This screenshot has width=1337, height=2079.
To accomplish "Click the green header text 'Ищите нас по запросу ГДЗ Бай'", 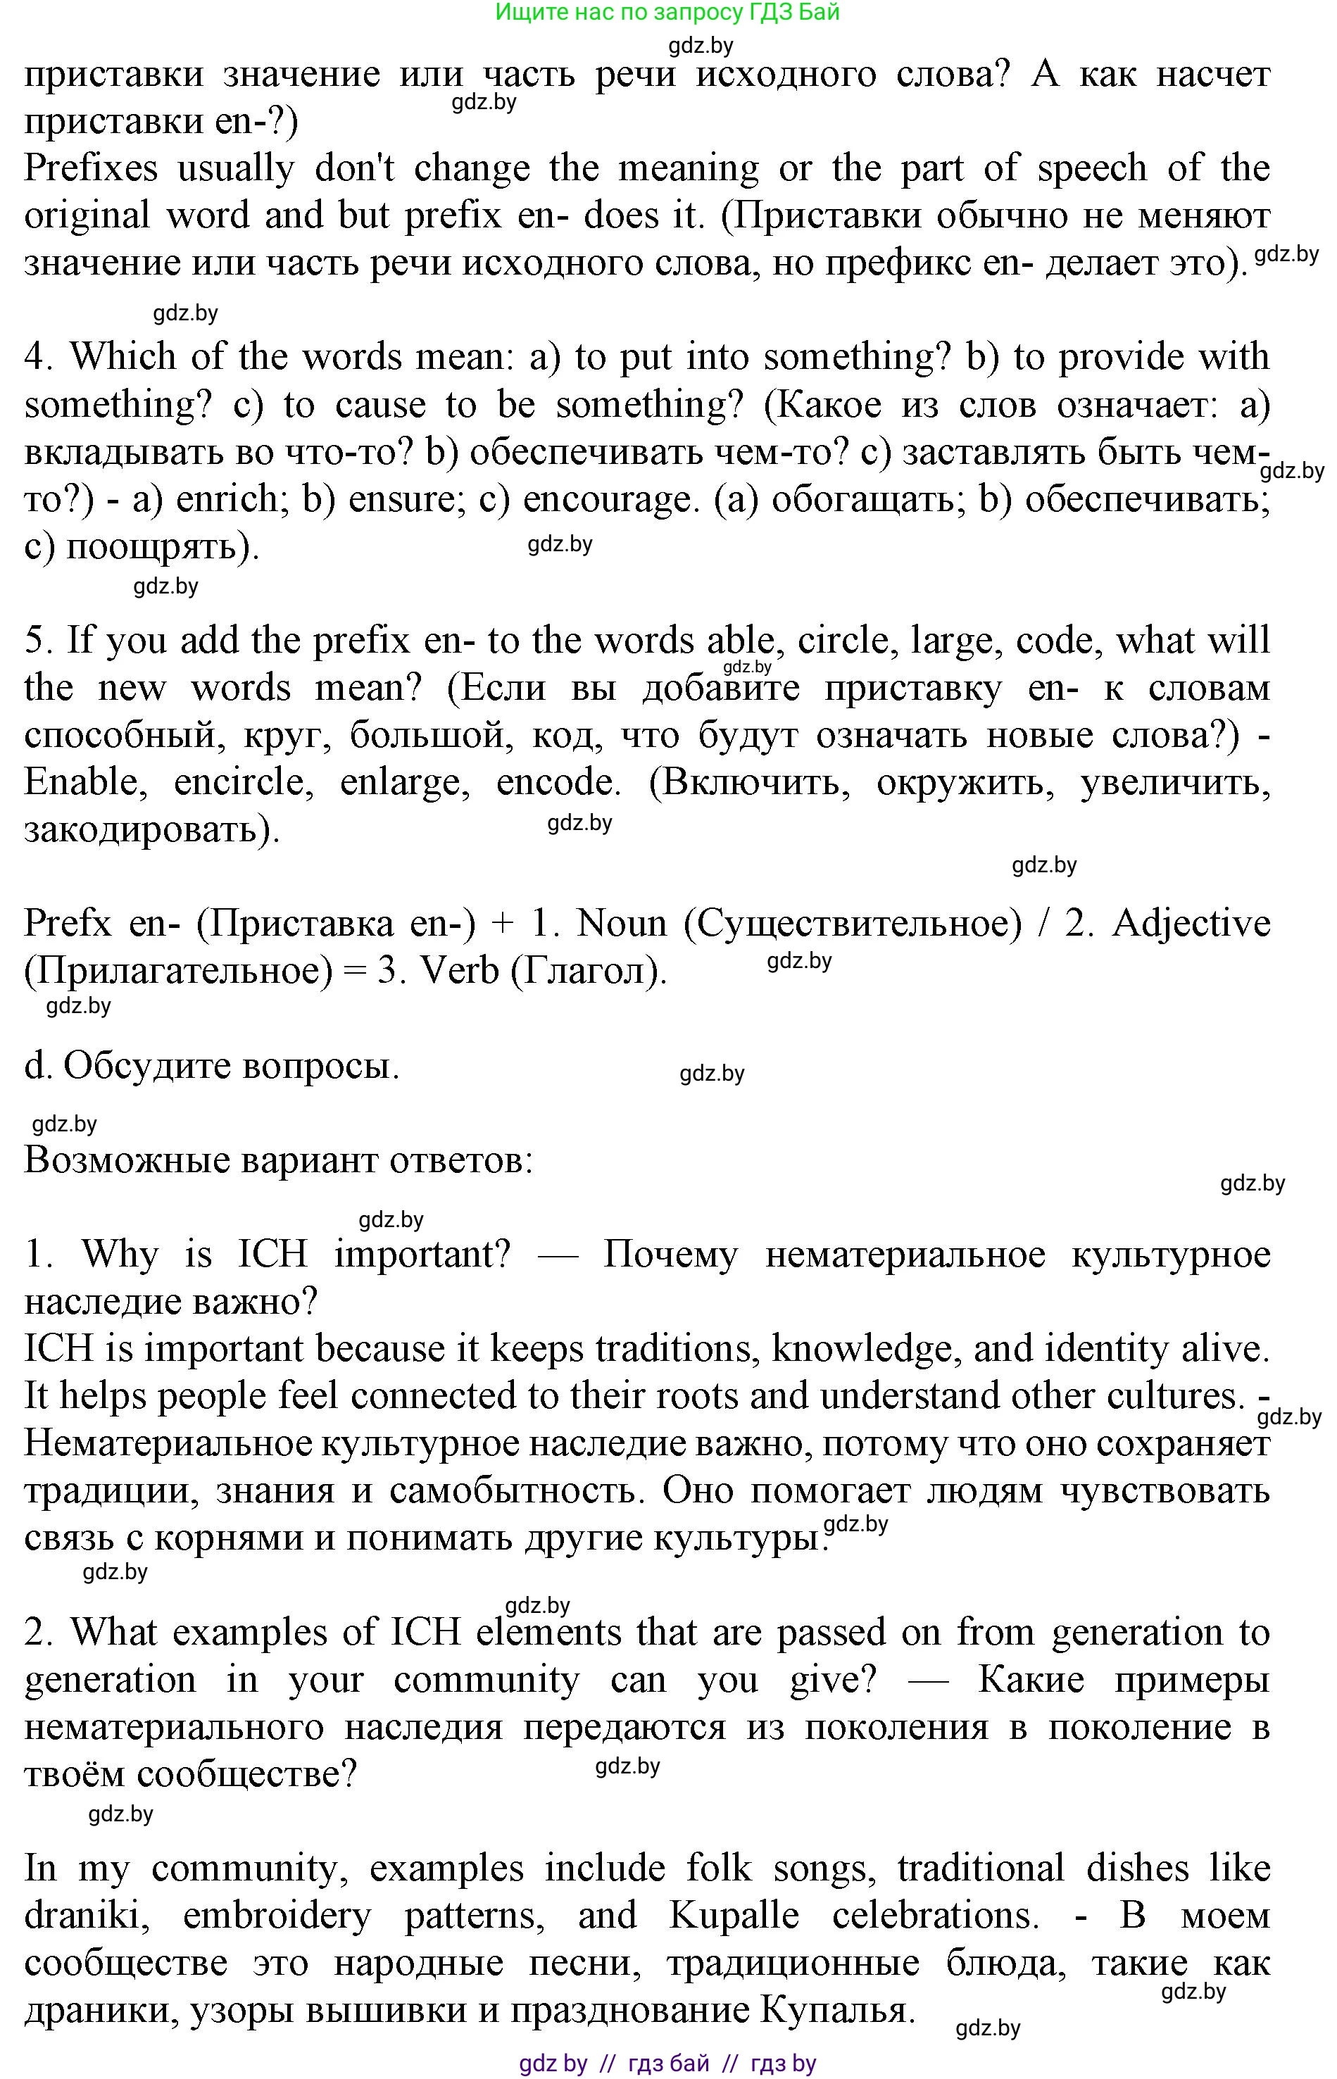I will (x=667, y=12).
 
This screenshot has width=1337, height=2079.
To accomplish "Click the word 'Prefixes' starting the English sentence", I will (x=90, y=168).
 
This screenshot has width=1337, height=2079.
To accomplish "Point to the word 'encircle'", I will (x=239, y=783).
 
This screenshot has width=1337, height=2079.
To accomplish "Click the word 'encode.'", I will (x=558, y=783).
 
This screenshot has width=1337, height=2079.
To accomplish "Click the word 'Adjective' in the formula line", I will (x=1191, y=924).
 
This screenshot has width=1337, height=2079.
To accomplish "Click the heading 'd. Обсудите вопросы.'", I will (x=212, y=1066).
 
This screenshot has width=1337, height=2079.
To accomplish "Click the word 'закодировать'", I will (x=151, y=831).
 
